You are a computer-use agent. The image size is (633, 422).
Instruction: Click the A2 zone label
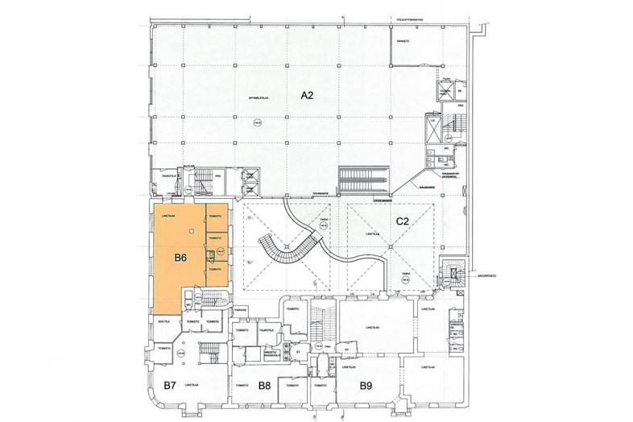coord(307,95)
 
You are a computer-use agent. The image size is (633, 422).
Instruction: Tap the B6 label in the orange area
coord(181,259)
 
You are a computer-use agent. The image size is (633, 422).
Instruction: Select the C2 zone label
coord(403,220)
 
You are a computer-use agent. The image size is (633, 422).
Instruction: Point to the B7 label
coord(169,386)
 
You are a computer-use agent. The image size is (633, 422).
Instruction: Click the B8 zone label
coord(263,386)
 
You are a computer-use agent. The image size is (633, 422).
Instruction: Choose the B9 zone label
coord(366,386)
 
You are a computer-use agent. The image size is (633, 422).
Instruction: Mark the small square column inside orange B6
coord(210,254)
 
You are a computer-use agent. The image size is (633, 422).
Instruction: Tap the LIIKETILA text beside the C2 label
coord(372,234)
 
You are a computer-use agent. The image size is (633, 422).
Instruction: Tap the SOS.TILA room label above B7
coord(161,321)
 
